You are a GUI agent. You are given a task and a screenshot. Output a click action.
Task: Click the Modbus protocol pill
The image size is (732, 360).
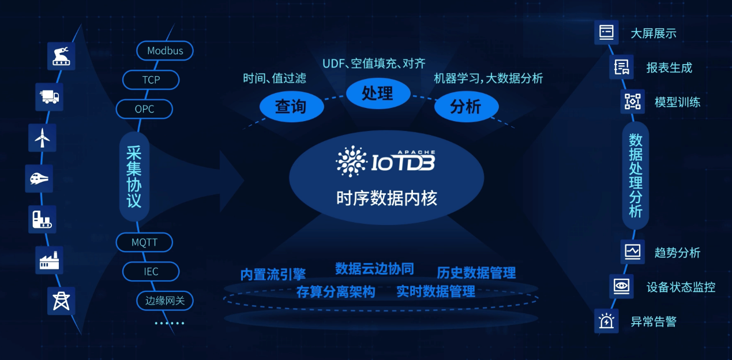click(x=165, y=51)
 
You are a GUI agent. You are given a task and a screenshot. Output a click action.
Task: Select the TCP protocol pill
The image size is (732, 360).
click(x=151, y=80)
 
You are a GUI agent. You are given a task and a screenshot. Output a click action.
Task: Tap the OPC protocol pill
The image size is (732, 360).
click(x=144, y=109)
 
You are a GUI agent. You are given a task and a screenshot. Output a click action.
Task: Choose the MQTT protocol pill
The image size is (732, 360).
click(x=144, y=242)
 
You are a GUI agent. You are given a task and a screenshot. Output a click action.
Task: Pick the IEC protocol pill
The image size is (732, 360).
click(x=151, y=271)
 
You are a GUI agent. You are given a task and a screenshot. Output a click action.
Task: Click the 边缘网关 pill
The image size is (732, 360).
click(x=165, y=301)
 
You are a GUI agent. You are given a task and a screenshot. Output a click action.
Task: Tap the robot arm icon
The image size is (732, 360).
click(x=61, y=56)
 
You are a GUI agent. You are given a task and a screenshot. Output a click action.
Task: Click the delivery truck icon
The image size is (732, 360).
click(x=50, y=97)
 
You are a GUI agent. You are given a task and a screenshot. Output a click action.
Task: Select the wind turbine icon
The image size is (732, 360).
click(x=42, y=138)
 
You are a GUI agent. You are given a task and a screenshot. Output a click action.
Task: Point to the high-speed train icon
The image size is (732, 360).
click(x=39, y=178)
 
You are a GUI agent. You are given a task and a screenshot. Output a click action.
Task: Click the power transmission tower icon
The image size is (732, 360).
click(x=61, y=301)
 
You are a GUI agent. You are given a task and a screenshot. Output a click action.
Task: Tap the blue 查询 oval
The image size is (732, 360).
click(x=291, y=107)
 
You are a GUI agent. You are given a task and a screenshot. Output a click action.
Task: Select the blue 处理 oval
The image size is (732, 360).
click(x=378, y=93)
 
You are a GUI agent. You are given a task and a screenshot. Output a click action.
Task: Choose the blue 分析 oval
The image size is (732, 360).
click(x=466, y=107)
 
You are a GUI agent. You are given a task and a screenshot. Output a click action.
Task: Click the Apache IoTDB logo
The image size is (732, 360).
click(x=385, y=162)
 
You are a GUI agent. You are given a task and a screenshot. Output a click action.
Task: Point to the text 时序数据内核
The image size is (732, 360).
click(x=386, y=198)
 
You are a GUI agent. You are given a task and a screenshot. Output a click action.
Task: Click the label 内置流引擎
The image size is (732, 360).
click(x=273, y=275)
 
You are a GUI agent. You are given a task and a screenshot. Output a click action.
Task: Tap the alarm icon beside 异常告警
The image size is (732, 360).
click(x=606, y=321)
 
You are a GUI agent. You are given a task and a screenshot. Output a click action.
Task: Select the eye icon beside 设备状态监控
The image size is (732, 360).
click(x=621, y=286)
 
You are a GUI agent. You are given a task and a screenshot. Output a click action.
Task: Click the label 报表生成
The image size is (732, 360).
click(x=669, y=67)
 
